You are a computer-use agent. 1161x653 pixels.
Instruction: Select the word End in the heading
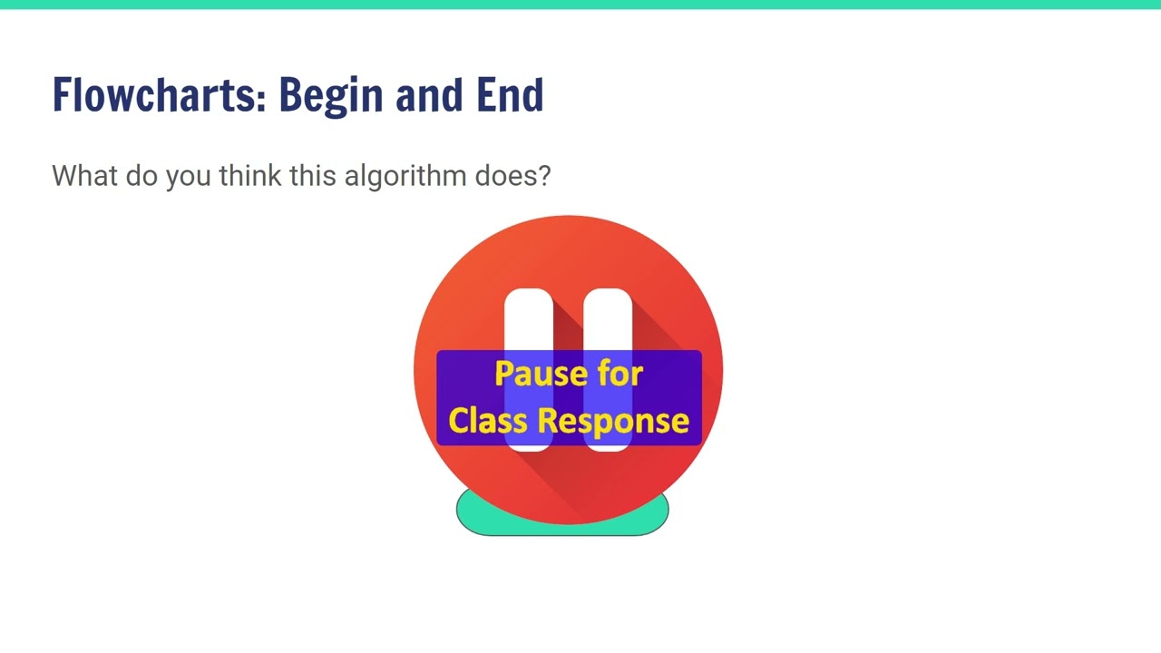(510, 95)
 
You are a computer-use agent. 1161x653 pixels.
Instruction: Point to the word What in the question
(84, 175)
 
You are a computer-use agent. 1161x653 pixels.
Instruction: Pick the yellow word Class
(489, 421)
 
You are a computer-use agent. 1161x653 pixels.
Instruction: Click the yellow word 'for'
(620, 374)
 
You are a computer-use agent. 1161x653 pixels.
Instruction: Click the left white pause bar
(529, 317)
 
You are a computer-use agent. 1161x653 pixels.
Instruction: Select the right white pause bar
(608, 317)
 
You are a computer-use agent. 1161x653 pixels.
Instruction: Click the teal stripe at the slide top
(580, 5)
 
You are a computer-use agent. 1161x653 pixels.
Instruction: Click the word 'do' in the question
(141, 175)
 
